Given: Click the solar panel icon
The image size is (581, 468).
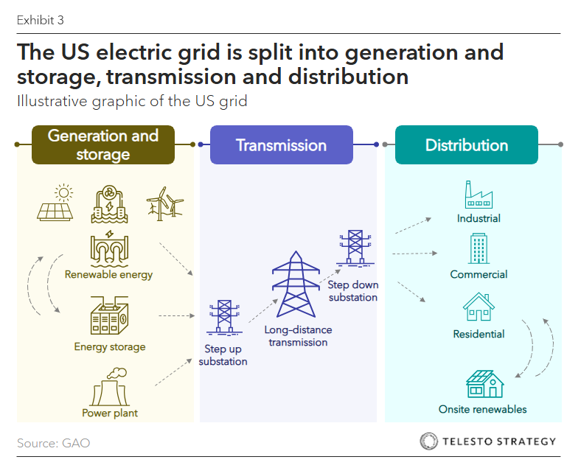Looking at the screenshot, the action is pyautogui.click(x=55, y=203).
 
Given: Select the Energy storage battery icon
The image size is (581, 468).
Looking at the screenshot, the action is pyautogui.click(x=109, y=315).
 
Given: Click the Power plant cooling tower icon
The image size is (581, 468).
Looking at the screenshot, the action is pyautogui.click(x=110, y=387).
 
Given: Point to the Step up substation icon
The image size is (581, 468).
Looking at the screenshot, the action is pyautogui.click(x=224, y=318).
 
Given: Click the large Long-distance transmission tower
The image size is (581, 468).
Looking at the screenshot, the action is pyautogui.click(x=296, y=284).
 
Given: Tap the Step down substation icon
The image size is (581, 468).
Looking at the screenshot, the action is pyautogui.click(x=355, y=248).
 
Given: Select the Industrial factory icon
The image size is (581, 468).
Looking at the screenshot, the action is pyautogui.click(x=479, y=195).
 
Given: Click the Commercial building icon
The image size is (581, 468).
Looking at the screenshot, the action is pyautogui.click(x=479, y=248).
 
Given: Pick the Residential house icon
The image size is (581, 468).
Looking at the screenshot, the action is pyautogui.click(x=479, y=307).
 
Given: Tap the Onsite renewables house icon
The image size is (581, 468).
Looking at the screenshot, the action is pyautogui.click(x=484, y=383).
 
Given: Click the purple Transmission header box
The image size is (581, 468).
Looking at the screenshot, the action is pyautogui.click(x=281, y=144).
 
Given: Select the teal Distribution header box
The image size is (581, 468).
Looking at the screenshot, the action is pyautogui.click(x=467, y=144).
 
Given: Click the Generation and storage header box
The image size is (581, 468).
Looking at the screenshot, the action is pyautogui.click(x=103, y=144).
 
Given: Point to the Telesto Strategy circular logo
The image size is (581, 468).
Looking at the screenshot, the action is pyautogui.click(x=428, y=441).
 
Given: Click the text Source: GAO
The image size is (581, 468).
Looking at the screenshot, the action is pyautogui.click(x=53, y=443).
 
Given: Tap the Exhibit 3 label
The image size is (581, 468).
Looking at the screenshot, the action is pyautogui.click(x=41, y=20).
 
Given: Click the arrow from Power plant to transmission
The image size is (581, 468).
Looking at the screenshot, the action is pyautogui.click(x=173, y=372).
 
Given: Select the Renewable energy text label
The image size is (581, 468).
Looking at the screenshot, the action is pyautogui.click(x=108, y=275).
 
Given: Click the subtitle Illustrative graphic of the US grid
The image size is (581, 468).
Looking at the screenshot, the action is pyautogui.click(x=132, y=101).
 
